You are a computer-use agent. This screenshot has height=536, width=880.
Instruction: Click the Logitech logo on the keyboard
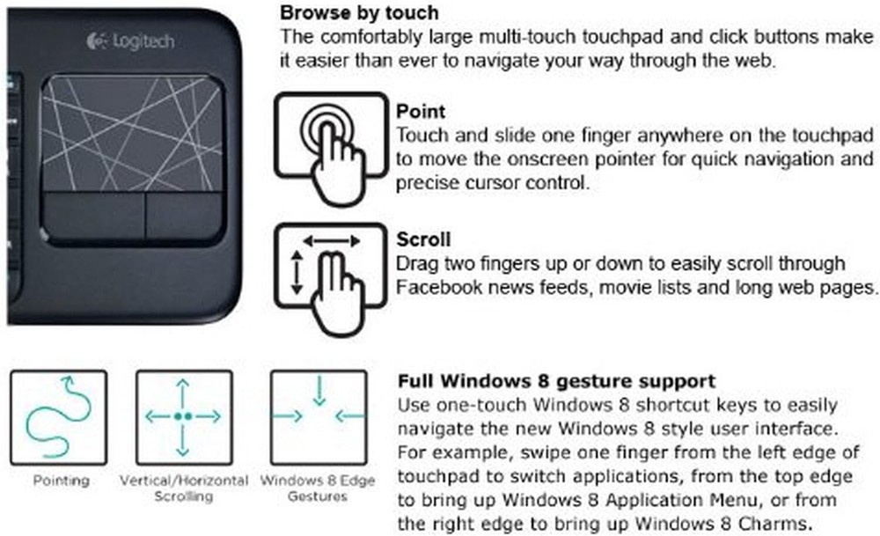tap(130, 41)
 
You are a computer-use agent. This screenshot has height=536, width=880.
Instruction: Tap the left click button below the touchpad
tap(93, 217)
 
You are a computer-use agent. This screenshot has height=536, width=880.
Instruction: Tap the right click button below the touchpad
tap(185, 217)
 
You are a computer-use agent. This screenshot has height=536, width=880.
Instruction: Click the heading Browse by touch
tap(359, 12)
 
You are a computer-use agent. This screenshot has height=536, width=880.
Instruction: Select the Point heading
tap(421, 111)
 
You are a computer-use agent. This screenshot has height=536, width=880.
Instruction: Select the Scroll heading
tap(423, 239)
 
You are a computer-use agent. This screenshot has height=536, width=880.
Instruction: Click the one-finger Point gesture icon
tap(331, 147)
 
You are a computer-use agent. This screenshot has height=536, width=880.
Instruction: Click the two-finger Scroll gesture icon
tap(331, 278)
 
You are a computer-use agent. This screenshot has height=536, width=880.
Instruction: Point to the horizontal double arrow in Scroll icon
tap(331, 241)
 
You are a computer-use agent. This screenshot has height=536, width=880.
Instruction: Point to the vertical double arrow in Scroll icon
tap(297, 273)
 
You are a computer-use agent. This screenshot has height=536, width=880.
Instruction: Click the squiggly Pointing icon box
tap(58, 417)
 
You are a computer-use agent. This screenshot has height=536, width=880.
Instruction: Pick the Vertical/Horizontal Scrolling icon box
tap(184, 417)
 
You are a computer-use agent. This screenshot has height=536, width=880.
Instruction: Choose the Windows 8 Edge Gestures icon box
tap(319, 417)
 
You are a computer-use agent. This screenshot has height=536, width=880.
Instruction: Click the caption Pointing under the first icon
tap(62, 481)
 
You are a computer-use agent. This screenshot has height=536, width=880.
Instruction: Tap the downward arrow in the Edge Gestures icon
tap(319, 391)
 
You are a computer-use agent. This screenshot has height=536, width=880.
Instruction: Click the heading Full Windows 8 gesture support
tap(556, 381)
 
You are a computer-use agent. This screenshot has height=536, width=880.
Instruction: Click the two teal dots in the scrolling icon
tap(184, 416)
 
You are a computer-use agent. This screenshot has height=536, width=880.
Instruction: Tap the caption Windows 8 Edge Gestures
tap(318, 488)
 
